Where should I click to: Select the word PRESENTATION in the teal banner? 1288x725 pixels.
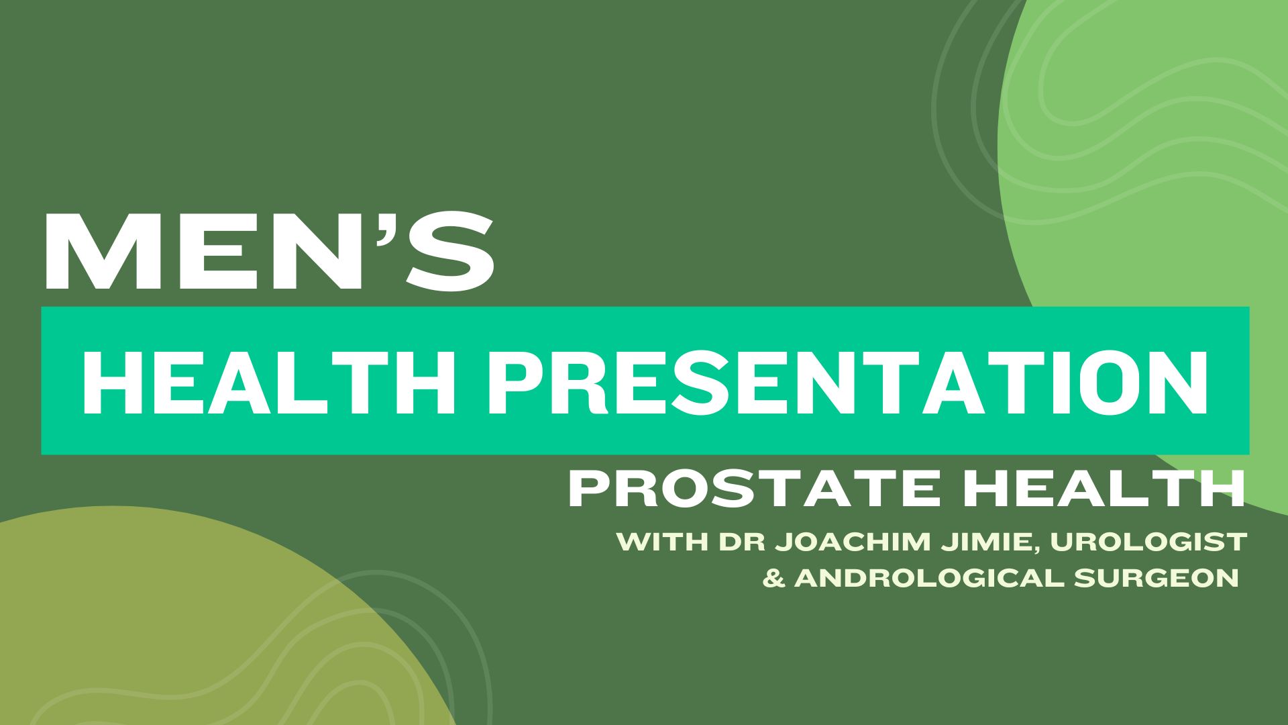848,380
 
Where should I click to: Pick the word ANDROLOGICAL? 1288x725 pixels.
928,578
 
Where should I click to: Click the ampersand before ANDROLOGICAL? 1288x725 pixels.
775,578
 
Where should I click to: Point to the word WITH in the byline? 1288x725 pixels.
663,541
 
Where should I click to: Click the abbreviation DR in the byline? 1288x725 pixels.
741,541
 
